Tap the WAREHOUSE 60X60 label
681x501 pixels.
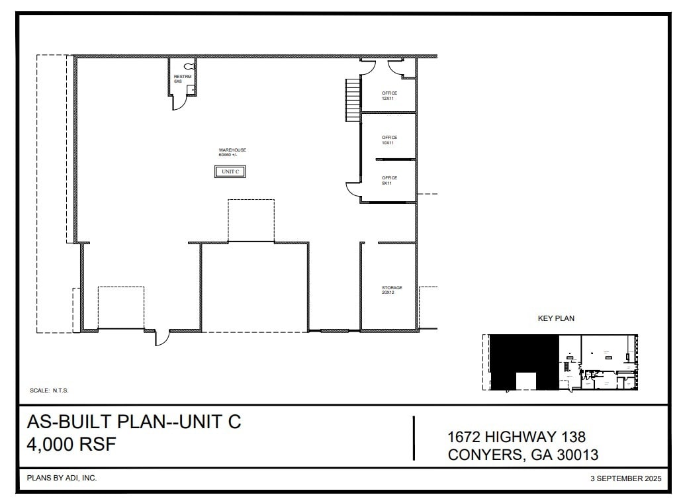tap(232, 152)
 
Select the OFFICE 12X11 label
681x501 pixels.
tap(389, 95)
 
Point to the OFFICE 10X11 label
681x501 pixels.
tap(389, 140)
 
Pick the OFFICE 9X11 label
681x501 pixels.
tap(389, 180)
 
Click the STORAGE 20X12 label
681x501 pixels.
tap(391, 290)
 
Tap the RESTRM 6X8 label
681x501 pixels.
tap(182, 79)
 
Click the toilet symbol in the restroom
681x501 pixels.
tap(189, 66)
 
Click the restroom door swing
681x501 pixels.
tap(177, 103)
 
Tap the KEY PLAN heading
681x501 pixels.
tap(556, 318)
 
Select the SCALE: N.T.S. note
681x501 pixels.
tap(50, 390)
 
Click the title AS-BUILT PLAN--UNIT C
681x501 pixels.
tap(134, 422)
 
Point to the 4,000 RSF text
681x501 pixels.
tap(71, 444)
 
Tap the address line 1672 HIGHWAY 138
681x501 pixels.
tap(516, 437)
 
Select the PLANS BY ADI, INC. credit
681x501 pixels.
tap(62, 478)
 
